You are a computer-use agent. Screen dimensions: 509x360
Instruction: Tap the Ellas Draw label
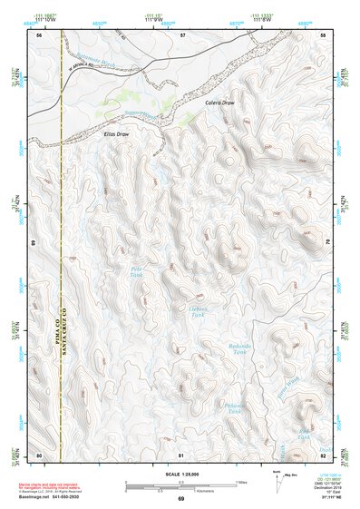pos(117,133)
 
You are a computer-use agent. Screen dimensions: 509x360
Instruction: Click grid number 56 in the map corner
pos(39,34)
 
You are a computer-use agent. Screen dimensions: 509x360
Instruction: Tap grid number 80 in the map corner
pos(39,454)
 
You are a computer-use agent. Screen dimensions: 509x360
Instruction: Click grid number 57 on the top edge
pos(182,34)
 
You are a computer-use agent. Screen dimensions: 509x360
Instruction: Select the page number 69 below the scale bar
pos(180,498)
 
